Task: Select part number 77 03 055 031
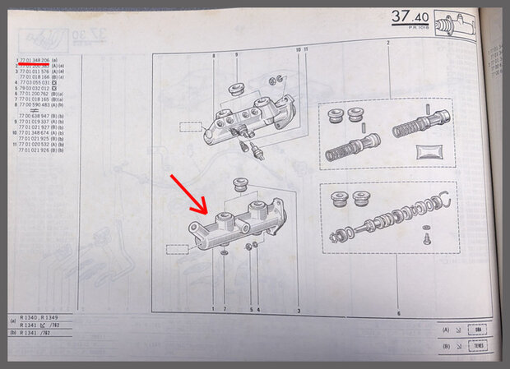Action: coord(34,83)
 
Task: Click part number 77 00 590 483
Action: coord(35,105)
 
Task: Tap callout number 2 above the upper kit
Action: coord(387,42)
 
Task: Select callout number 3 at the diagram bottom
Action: coord(299,310)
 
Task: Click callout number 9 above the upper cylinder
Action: coord(236,55)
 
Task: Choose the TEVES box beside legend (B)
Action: coord(475,346)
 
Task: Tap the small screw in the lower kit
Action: coord(425,239)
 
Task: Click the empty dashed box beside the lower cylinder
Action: coord(177,247)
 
